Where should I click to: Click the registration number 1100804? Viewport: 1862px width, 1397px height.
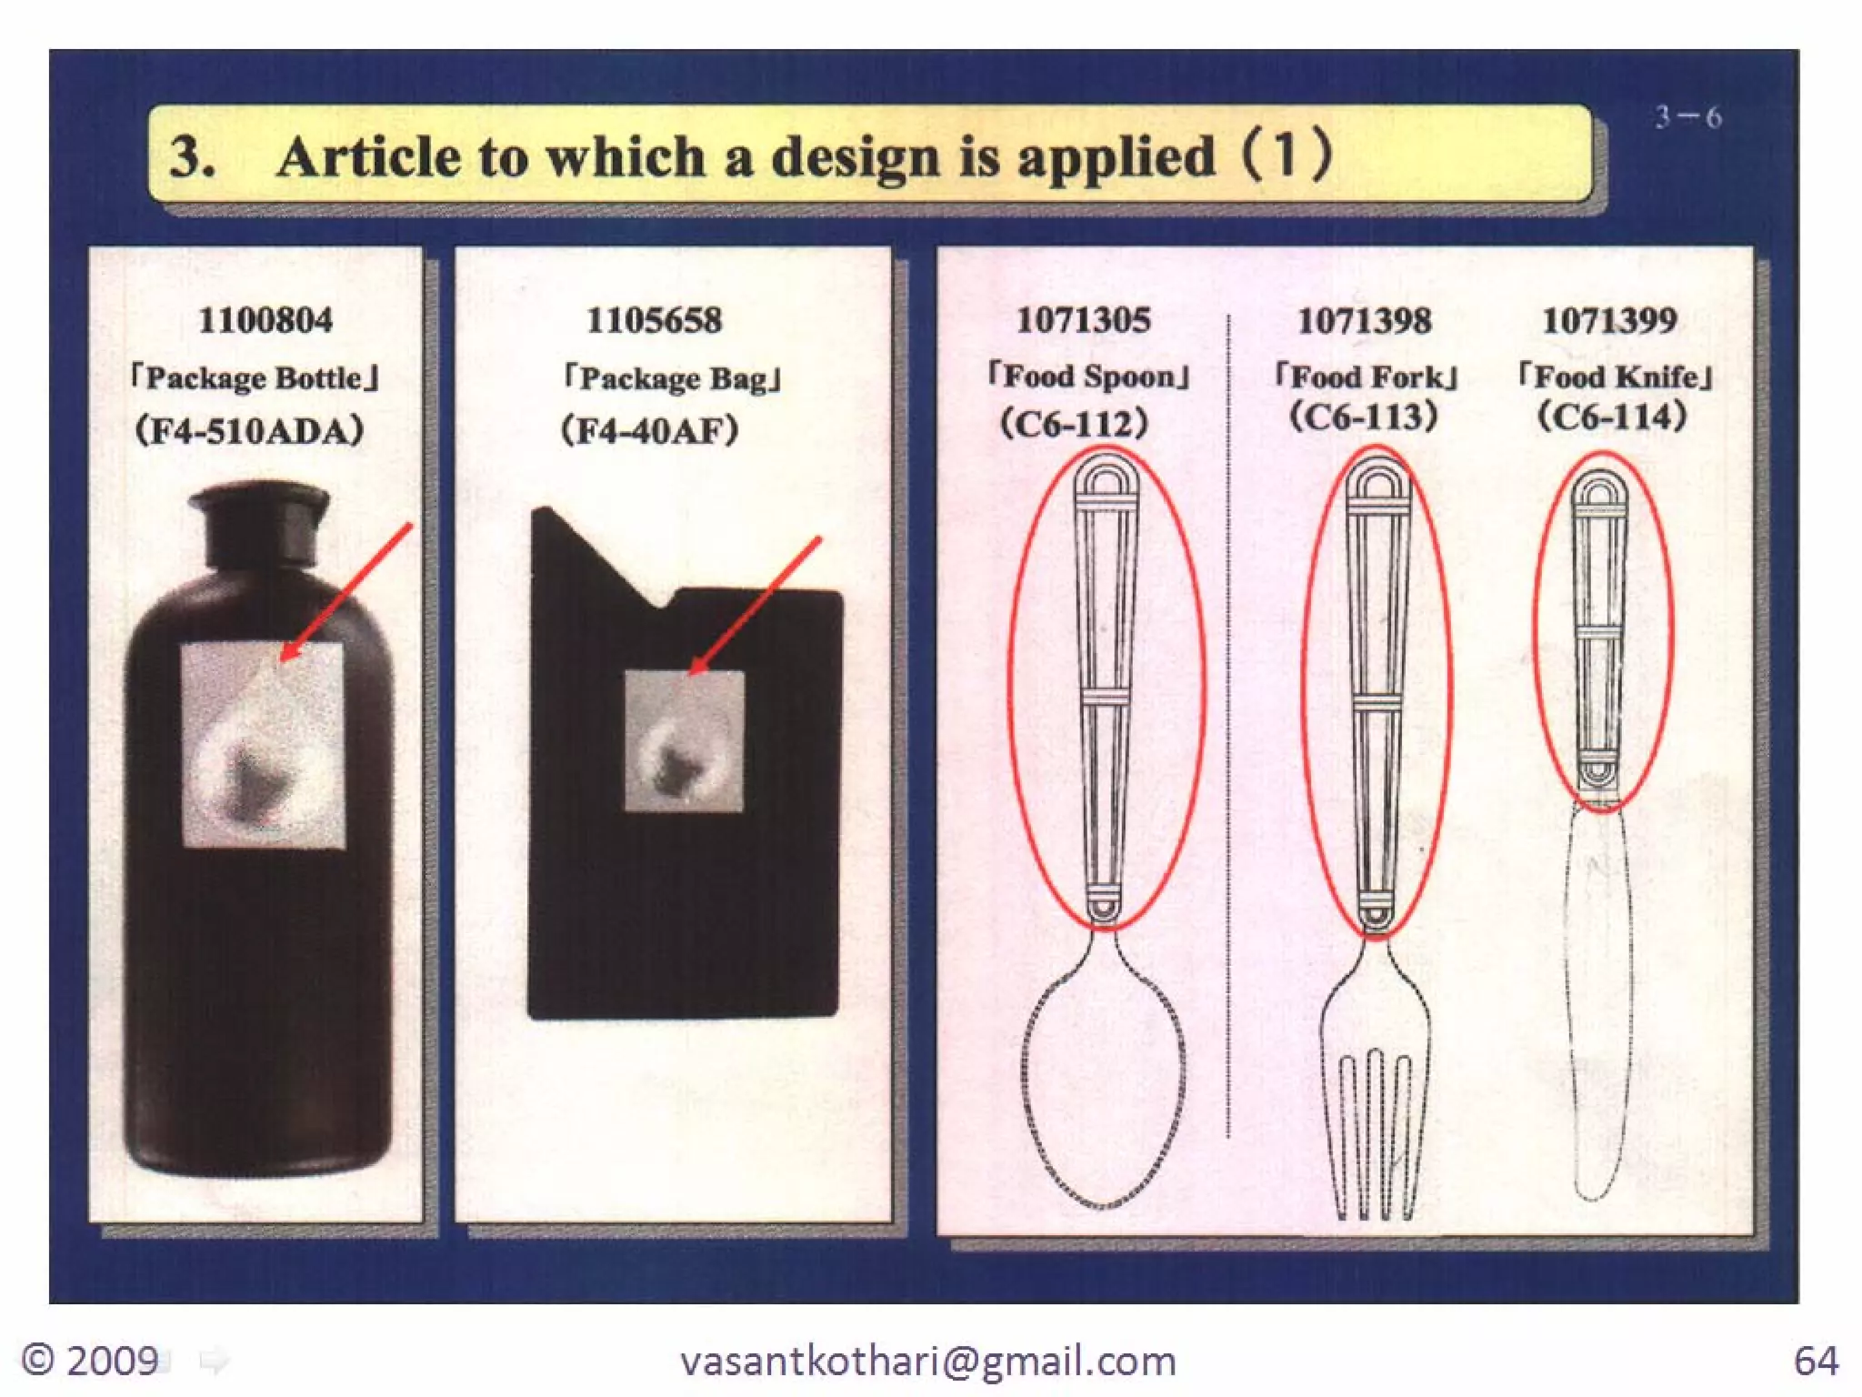[265, 320]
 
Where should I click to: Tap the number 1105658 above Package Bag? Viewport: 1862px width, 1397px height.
[654, 320]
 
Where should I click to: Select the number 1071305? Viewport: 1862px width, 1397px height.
[1083, 320]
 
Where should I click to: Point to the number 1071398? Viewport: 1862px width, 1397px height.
[1364, 320]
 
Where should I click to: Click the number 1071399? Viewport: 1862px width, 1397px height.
[1609, 320]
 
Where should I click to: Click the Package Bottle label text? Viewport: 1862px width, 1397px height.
[255, 377]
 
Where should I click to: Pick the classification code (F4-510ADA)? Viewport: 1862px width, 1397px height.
[250, 430]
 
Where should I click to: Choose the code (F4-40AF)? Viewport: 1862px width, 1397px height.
[649, 430]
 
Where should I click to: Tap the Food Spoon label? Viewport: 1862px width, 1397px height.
[1089, 376]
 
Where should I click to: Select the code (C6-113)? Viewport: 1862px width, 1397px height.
[1364, 417]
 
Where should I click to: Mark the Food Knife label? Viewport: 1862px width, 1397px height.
[1616, 376]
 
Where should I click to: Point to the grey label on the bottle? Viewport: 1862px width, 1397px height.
[264, 746]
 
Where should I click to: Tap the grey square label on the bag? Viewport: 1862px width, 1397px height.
[684, 741]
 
